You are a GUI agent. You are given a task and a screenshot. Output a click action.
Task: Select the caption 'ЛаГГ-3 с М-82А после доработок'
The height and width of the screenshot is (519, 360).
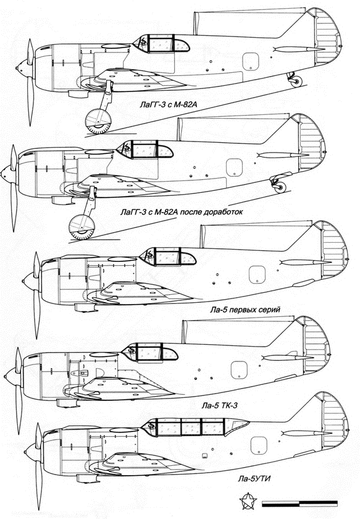[x=182, y=211]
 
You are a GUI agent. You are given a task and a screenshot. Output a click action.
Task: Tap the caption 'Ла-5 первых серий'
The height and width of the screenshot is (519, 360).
[x=245, y=310]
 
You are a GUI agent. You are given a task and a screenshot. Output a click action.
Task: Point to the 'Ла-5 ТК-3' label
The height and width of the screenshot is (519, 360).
[x=220, y=405]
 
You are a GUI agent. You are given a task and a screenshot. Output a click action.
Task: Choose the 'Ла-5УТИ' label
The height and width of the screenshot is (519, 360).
[x=254, y=479]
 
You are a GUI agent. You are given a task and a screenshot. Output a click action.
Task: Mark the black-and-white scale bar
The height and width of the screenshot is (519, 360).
[x=299, y=504]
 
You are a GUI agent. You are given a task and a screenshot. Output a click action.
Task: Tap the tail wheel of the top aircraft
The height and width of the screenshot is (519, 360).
[x=296, y=82]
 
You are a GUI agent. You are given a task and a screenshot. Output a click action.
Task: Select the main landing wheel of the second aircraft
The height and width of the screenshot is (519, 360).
[x=82, y=227]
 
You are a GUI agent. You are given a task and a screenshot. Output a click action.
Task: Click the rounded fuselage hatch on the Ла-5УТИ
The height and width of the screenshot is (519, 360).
[x=259, y=445]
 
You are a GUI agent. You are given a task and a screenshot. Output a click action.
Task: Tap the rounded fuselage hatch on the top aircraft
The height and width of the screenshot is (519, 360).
[x=251, y=62]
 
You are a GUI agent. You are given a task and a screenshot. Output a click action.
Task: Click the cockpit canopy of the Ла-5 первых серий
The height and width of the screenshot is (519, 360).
[x=168, y=256]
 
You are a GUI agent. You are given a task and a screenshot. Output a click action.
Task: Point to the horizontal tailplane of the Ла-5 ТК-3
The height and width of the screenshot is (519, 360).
[x=287, y=358]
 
